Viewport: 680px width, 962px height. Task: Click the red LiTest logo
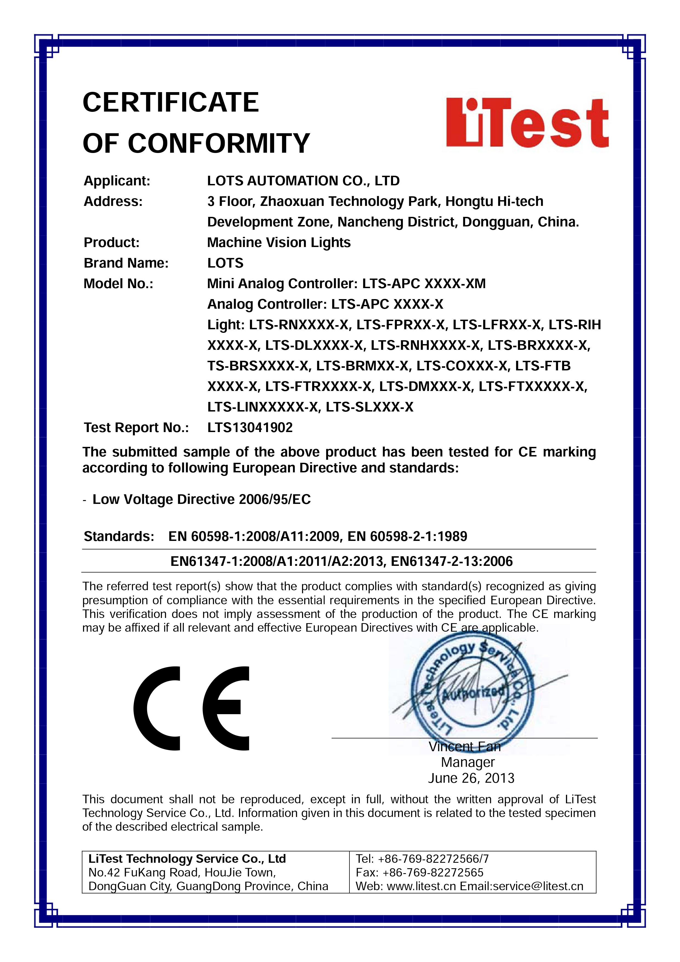coord(527,123)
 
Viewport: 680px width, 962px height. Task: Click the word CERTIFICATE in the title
coord(171,103)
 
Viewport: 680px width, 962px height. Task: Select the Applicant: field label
coord(117,181)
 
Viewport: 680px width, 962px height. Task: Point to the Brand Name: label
coord(126,263)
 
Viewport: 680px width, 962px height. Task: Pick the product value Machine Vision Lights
coord(279,243)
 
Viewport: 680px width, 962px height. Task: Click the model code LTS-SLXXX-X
coord(369,407)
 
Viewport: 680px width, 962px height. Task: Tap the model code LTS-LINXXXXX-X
coord(263,407)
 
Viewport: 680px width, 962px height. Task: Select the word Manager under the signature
coord(468,762)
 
